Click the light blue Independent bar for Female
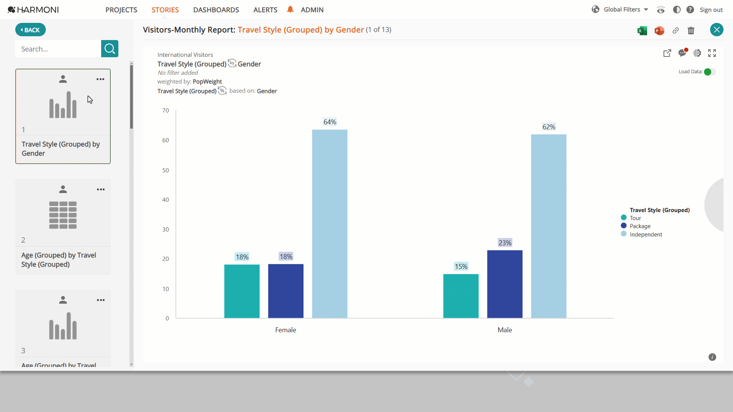tap(329, 224)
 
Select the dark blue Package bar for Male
tap(505, 284)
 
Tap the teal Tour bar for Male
tap(461, 296)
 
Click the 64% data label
tap(330, 122)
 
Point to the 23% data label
tap(505, 243)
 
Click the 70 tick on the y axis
tap(166, 111)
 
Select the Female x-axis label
tap(286, 330)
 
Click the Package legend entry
tap(636, 226)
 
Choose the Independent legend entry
tap(642, 235)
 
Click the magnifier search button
tap(110, 49)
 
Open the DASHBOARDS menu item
tap(216, 10)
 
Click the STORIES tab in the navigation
tap(165, 10)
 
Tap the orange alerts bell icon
tap(290, 10)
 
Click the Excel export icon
tap(642, 31)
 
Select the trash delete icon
tap(691, 31)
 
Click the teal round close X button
tap(717, 30)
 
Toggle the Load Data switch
tap(709, 72)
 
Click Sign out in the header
tap(711, 10)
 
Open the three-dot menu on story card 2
tap(101, 190)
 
